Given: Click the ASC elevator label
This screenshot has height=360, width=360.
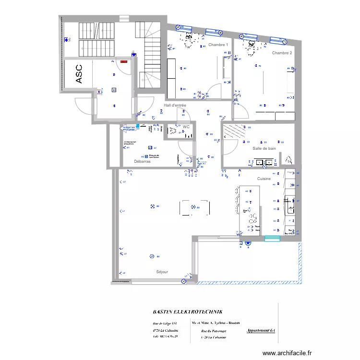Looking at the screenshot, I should tap(79, 74).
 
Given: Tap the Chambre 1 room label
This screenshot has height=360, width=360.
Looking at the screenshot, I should tap(218, 44).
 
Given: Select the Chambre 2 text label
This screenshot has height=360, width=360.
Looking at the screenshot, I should tap(282, 53).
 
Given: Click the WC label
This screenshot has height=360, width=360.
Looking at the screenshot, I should tap(186, 127).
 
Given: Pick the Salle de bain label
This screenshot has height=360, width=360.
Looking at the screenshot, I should tap(264, 148).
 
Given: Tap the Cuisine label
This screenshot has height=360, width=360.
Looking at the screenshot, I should tap(264, 179).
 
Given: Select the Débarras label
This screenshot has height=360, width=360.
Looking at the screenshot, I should tap(142, 162).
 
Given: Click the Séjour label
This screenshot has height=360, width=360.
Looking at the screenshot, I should tap(162, 272).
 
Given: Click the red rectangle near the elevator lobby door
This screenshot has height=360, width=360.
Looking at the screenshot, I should tap(123, 61).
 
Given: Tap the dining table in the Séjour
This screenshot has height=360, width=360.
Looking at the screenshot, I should tap(194, 207).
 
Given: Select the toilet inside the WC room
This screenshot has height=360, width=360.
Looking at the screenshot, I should tap(188, 135).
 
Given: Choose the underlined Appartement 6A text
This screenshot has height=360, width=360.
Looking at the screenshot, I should tap(261, 331).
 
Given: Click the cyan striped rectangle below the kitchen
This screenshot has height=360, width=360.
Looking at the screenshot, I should tap(272, 239).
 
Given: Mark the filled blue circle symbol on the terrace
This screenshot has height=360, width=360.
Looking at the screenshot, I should tap(248, 243).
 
